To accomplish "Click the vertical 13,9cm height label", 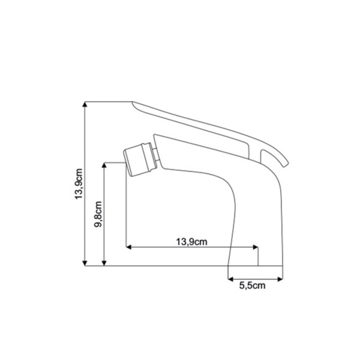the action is click(79, 184).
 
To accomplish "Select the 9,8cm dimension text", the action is click(98, 214).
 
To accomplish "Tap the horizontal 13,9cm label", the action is click(191, 242).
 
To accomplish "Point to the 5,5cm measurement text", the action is click(252, 286).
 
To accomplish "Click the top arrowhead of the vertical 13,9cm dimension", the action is click(85, 104).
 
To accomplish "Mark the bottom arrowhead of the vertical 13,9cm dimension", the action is click(85, 263).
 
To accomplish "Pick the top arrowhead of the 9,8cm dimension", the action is click(104, 166).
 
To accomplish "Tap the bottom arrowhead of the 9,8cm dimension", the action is click(104, 263).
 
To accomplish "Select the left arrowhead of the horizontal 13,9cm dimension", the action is click(129, 247).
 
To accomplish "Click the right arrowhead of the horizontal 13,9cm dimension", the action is click(256, 247).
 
